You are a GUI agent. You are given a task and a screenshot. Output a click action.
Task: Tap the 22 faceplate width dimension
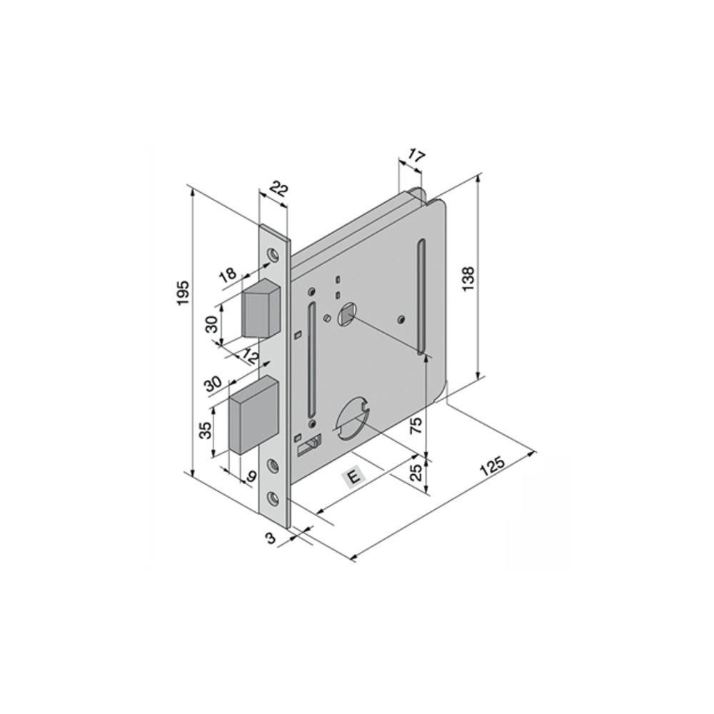point(279,188)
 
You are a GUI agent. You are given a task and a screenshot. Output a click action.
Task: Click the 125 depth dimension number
point(492,466)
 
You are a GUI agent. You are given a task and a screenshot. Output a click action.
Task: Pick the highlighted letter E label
point(354,477)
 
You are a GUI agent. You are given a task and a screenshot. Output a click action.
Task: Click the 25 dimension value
point(416,473)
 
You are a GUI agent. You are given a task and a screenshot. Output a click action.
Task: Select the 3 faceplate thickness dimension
point(271,538)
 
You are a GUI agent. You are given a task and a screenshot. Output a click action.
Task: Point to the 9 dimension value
point(251,477)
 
